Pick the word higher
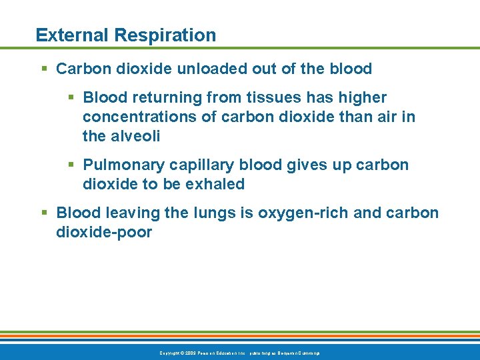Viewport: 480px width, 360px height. click(x=363, y=98)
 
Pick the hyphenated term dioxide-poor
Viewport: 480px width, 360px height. click(x=104, y=233)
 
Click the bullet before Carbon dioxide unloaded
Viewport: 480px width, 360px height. click(x=44, y=69)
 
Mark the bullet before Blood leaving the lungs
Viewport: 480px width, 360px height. click(x=44, y=213)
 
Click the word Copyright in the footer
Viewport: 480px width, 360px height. click(x=171, y=353)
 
